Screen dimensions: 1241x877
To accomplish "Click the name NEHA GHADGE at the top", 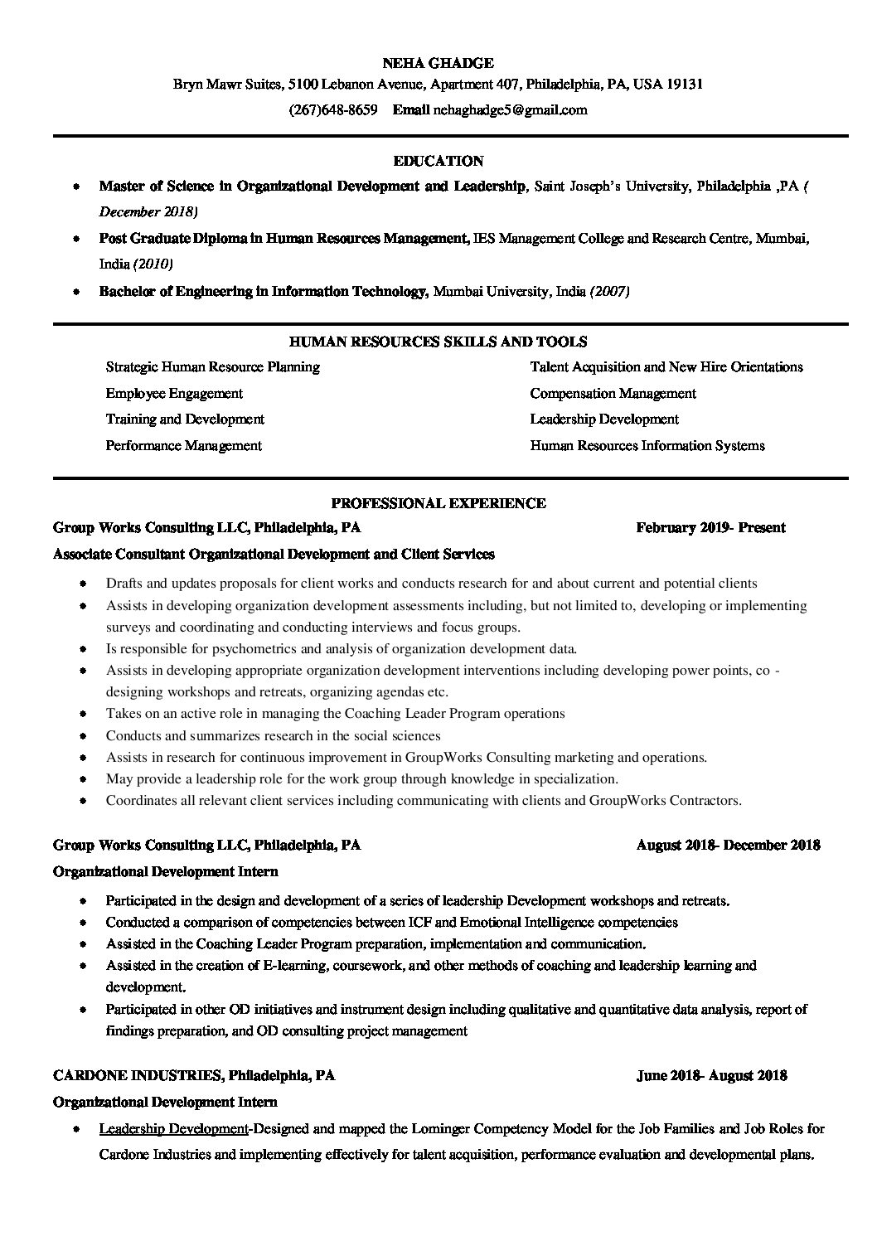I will tap(438, 63).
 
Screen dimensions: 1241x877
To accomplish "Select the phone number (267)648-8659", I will tap(332, 109).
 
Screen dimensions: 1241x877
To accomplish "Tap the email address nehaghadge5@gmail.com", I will tap(510, 109).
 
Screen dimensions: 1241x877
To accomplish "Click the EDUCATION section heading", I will tap(438, 161).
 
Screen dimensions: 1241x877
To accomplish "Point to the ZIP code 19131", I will tap(686, 85).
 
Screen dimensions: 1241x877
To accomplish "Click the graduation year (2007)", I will tap(609, 291).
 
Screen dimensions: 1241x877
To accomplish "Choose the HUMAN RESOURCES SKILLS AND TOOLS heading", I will tap(438, 342).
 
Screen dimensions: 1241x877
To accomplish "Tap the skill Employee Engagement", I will tap(174, 394).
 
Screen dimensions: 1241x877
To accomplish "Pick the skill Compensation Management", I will tap(613, 394).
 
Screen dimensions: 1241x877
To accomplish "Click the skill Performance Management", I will tap(183, 446).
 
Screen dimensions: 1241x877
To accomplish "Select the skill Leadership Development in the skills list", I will tap(604, 419).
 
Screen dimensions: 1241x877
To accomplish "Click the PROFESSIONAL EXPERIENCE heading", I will tap(438, 503).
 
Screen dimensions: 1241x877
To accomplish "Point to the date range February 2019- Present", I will tap(710, 528).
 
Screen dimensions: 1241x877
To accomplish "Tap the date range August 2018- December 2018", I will tap(728, 846).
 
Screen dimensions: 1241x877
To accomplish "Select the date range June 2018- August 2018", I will tap(711, 1076).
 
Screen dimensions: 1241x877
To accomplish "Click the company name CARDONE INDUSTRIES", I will tap(137, 1076).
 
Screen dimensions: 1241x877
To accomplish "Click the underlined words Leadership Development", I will tap(173, 1129).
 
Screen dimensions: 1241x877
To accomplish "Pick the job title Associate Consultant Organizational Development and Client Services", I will tap(274, 554).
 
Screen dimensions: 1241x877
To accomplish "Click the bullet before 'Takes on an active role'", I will tap(84, 714).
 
